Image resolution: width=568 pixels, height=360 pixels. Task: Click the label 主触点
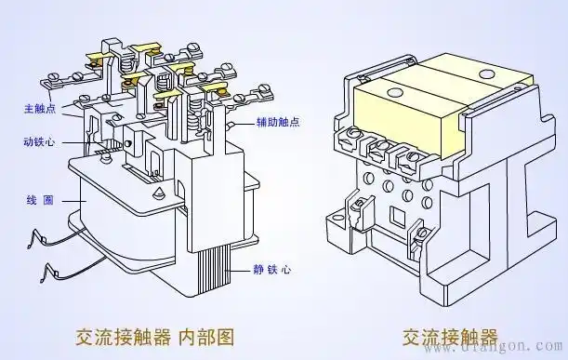tap(38, 109)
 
